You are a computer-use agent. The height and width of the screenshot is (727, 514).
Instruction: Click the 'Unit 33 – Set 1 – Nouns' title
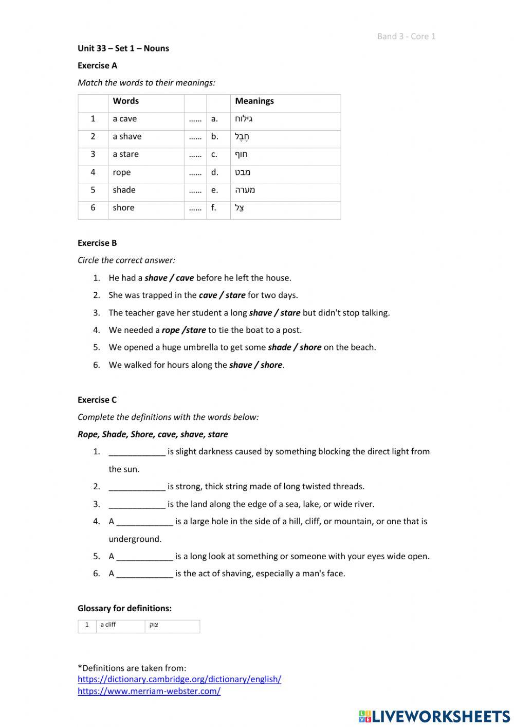(123, 48)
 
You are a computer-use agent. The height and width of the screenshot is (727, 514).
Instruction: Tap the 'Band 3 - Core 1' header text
(406, 36)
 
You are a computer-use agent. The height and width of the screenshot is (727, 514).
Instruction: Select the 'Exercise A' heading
(97, 65)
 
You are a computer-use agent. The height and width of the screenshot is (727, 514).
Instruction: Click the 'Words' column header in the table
(126, 101)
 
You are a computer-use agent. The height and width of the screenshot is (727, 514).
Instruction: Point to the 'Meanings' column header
(254, 101)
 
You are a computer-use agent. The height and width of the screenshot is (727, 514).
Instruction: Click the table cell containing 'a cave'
(125, 119)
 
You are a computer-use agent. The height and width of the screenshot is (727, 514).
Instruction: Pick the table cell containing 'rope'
(122, 172)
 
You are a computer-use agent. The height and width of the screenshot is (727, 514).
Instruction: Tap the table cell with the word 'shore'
(123, 208)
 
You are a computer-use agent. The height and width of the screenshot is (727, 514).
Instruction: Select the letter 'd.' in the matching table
(214, 172)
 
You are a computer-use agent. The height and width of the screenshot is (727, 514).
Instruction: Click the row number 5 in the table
(93, 190)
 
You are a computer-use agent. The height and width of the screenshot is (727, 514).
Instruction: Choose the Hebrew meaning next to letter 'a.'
(244, 119)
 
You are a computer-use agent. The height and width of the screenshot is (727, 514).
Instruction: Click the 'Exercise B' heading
(97, 243)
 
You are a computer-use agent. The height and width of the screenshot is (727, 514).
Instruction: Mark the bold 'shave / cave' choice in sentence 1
(169, 278)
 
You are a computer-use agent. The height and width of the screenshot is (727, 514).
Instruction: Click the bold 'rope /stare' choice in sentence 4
(183, 330)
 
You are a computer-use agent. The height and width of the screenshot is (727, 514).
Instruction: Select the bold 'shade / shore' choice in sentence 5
(295, 347)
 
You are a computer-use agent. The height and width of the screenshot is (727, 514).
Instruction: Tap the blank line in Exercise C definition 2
(137, 487)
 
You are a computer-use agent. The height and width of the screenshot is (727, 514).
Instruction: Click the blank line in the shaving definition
(144, 574)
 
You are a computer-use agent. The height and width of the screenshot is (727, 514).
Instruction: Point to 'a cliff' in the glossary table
(108, 625)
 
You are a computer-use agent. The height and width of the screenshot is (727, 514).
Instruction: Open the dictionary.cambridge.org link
(179, 679)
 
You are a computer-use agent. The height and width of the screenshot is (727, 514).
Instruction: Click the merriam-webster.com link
(149, 691)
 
